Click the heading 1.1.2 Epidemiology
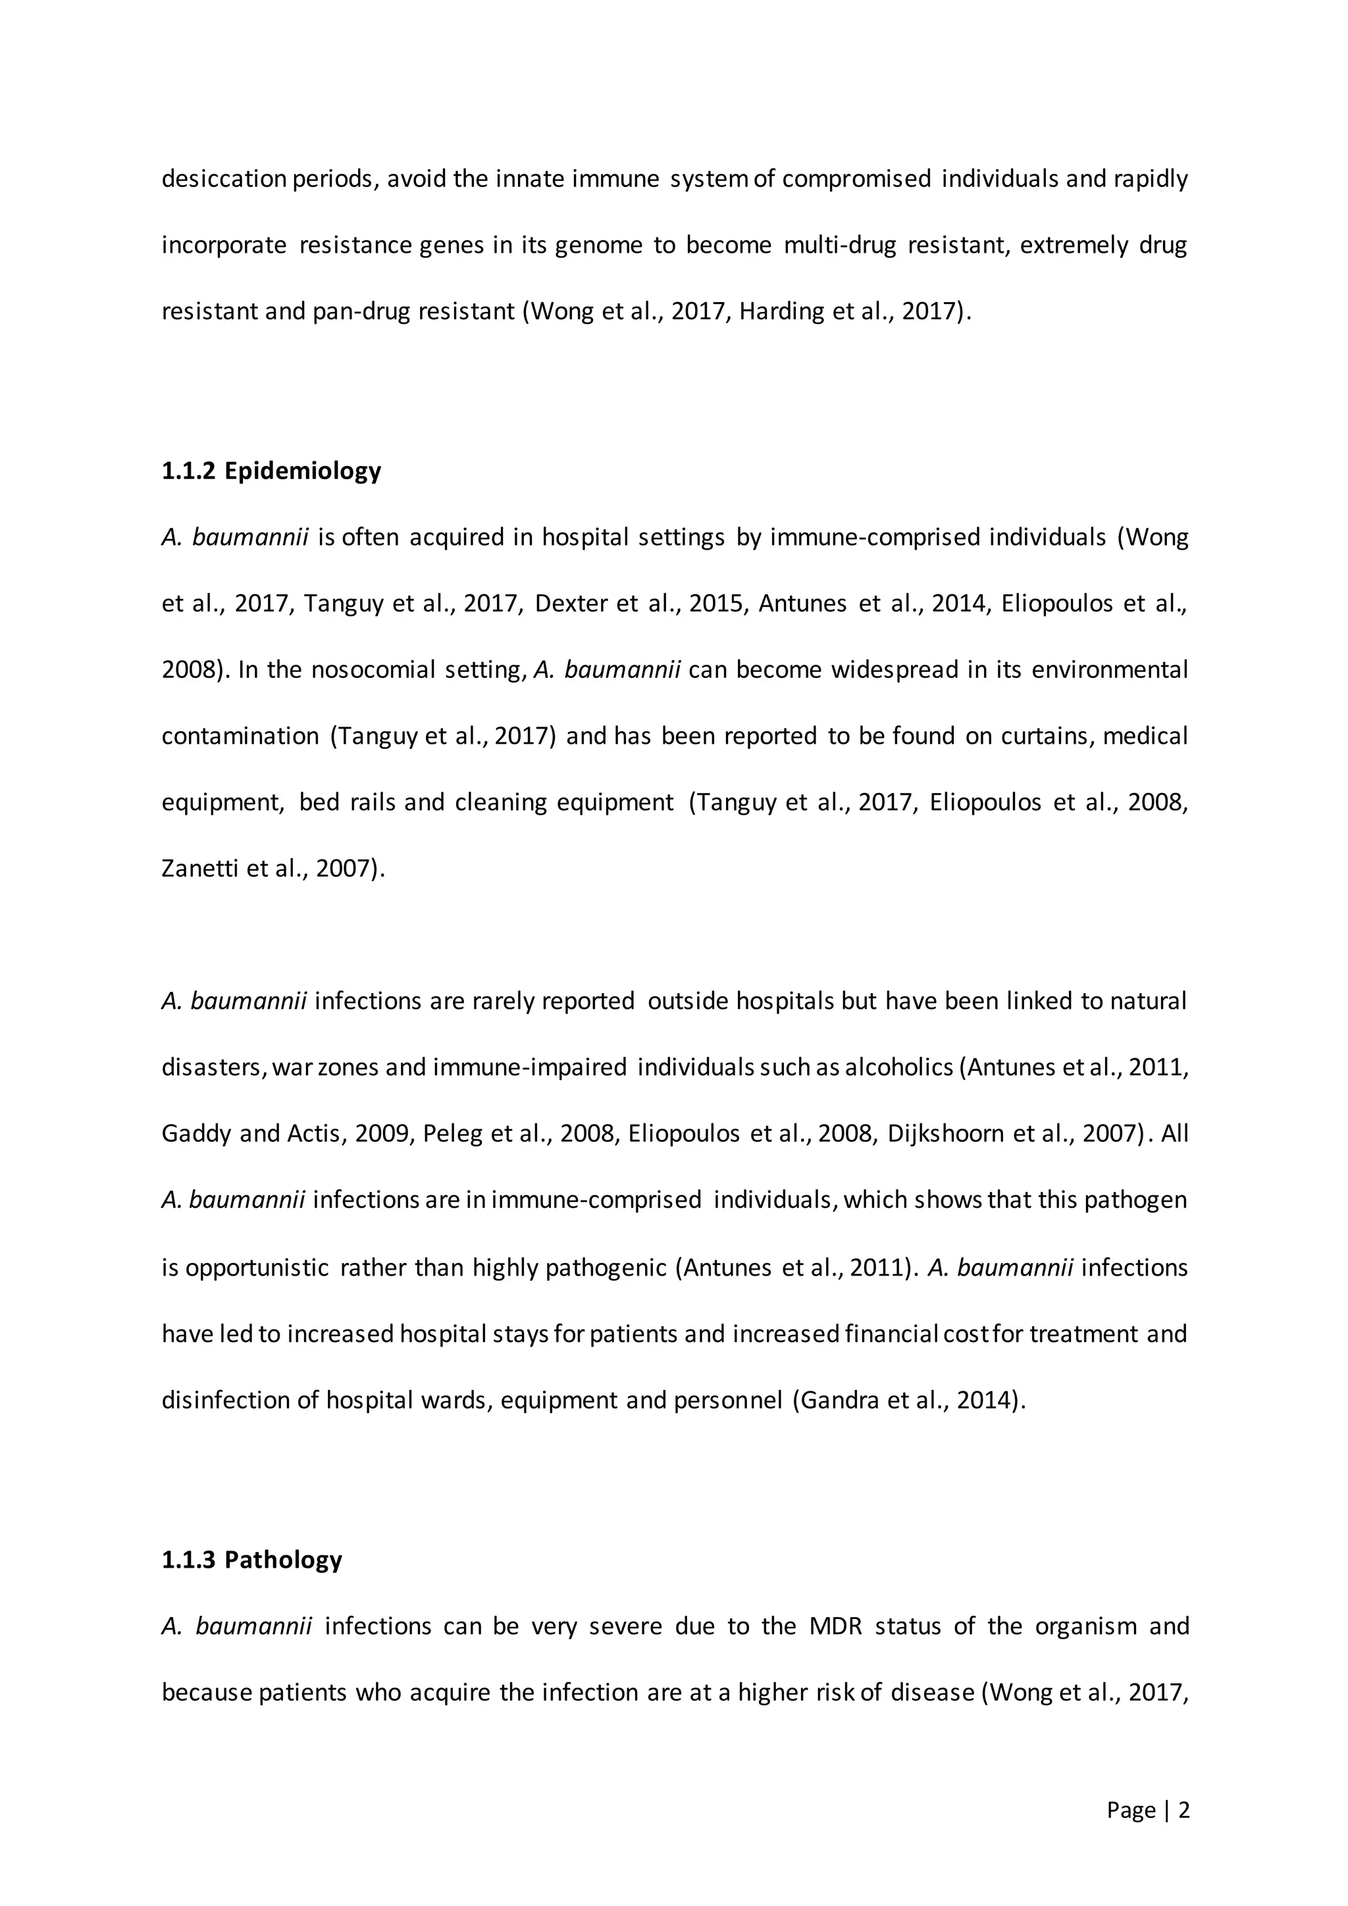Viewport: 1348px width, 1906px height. (271, 471)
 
